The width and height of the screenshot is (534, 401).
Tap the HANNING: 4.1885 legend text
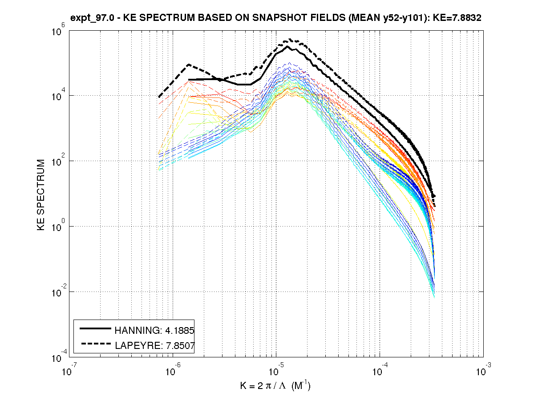(x=154, y=330)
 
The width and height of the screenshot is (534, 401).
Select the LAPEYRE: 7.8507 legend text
(x=154, y=344)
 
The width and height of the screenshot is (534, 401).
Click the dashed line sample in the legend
(x=95, y=344)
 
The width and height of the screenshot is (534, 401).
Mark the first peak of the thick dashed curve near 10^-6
(x=189, y=64)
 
